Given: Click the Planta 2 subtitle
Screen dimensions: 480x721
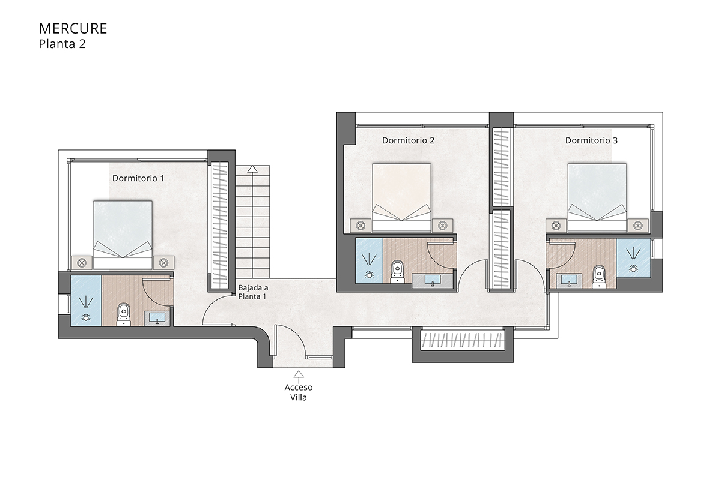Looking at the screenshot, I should point(62,44).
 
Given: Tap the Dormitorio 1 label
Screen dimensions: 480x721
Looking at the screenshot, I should point(138,178).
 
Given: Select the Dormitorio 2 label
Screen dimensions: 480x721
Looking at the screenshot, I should point(408,140).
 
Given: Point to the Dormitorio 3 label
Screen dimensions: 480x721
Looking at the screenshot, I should point(591,140).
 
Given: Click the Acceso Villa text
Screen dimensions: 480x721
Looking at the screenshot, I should point(299,392).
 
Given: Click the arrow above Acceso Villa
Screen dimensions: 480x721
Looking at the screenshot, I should point(299,374).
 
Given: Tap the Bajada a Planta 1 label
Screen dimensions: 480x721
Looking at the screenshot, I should point(253,292).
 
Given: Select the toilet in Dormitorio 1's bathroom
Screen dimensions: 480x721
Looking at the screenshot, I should point(124,314).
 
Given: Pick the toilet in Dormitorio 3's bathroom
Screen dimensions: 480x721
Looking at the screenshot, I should point(598,275).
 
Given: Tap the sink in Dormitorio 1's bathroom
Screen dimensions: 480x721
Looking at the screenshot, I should point(157,317).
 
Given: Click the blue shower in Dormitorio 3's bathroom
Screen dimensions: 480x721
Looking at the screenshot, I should point(633,258).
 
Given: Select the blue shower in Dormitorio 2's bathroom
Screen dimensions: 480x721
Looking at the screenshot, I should point(369,260).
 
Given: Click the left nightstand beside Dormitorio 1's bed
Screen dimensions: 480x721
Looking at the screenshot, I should point(82,263).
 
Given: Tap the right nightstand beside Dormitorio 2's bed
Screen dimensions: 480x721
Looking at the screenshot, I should point(443,226).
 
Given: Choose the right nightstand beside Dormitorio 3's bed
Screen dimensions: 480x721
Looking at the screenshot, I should point(638,226).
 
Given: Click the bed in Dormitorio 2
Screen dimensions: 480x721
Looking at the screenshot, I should point(402,197).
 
